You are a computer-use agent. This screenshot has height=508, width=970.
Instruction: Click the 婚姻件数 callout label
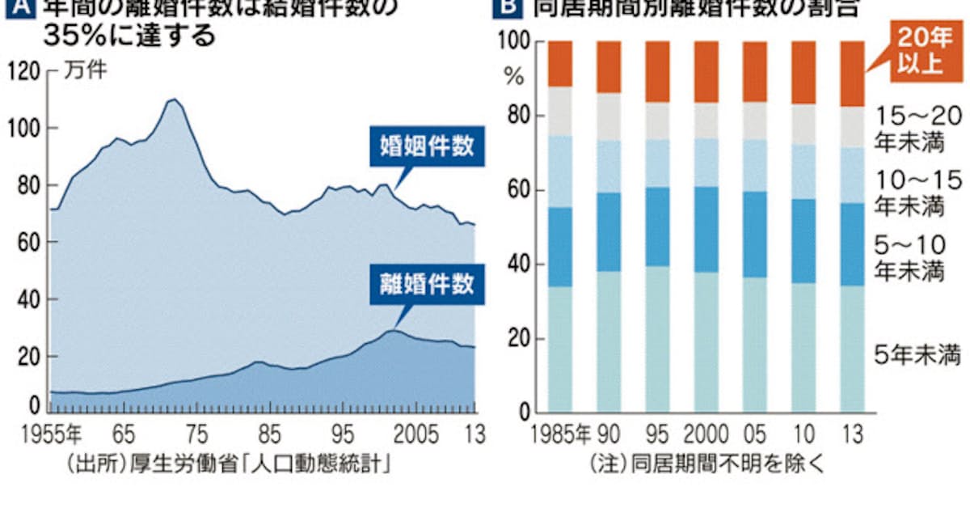[x=426, y=147]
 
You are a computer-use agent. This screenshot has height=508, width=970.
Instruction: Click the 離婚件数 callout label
[x=426, y=285]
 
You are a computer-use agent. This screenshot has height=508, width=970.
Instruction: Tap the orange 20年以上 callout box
[x=919, y=50]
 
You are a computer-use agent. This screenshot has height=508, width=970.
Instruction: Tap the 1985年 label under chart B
[x=560, y=434]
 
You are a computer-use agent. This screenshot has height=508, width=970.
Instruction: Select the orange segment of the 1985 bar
[x=560, y=63]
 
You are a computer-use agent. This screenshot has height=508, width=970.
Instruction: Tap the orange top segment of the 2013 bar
[x=852, y=74]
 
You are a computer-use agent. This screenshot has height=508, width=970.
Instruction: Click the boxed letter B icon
[x=508, y=8]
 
